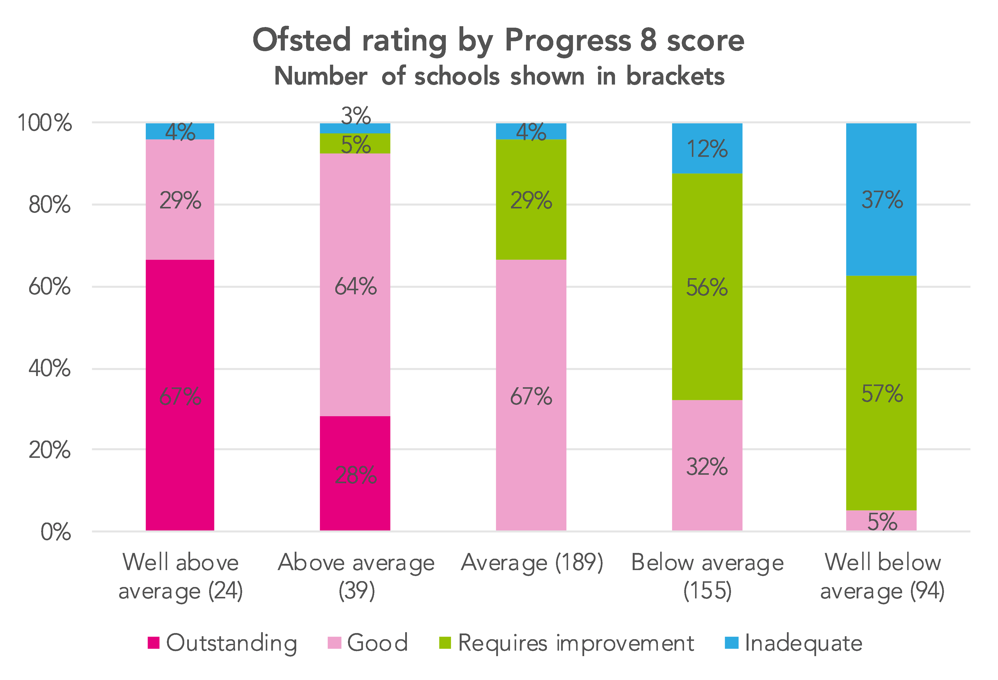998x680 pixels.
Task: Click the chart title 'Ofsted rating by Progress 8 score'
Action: click(498, 40)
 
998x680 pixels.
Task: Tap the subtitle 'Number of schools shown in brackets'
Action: click(499, 77)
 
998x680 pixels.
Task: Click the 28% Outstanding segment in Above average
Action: click(355, 473)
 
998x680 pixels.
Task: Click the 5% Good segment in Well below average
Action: click(881, 521)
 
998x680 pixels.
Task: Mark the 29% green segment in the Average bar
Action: click(531, 200)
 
